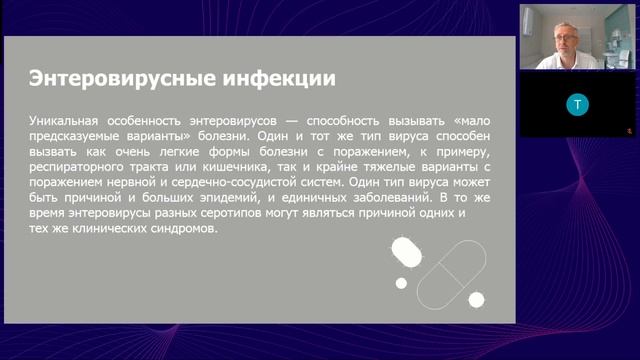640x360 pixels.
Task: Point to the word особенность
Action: (144, 121)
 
